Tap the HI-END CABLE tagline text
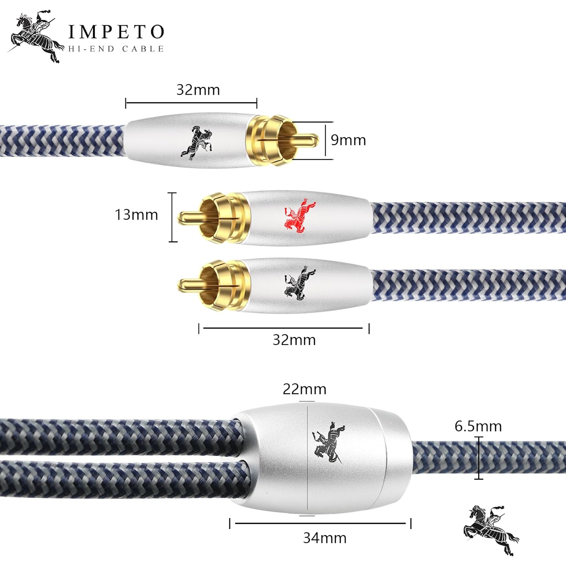(x=116, y=49)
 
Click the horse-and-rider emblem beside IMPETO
(x=35, y=37)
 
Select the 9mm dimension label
(x=348, y=140)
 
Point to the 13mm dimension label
(x=136, y=215)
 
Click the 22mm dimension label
(x=305, y=389)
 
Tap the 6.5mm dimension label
(x=478, y=426)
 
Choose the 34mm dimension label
(x=325, y=538)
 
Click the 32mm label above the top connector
(x=198, y=90)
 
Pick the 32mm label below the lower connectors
(x=294, y=340)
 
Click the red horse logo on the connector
(x=300, y=215)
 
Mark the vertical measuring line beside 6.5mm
(x=478, y=458)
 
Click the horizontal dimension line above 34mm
(x=320, y=523)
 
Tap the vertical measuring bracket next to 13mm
(x=172, y=217)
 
